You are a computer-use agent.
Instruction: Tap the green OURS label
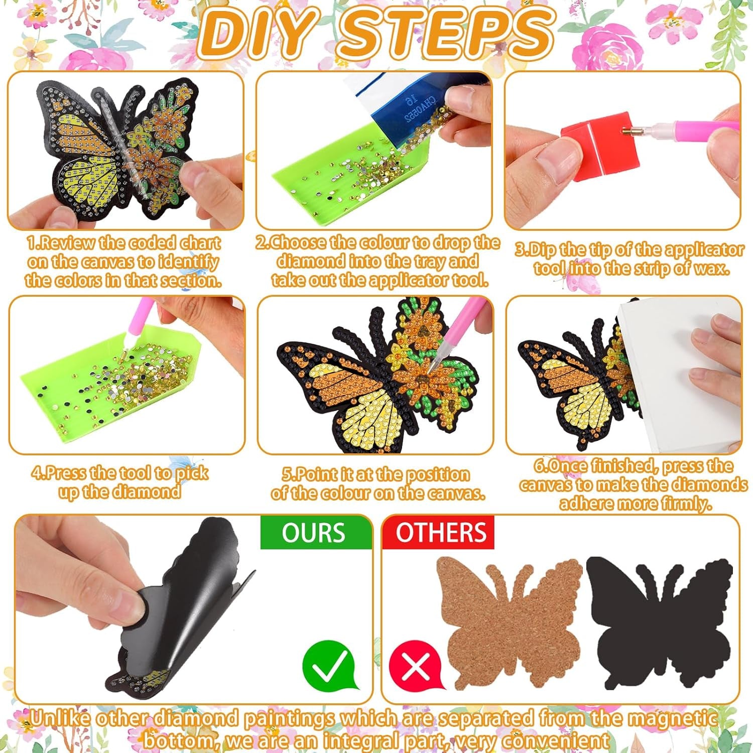[314, 533]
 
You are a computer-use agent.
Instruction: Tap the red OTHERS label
[441, 533]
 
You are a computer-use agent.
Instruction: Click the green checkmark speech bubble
[328, 665]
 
